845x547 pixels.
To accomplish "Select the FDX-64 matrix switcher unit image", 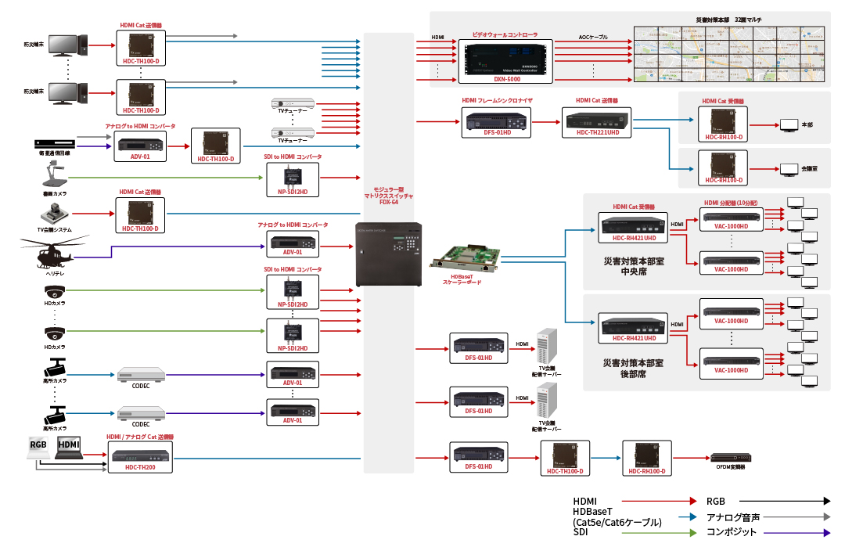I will click(389, 254).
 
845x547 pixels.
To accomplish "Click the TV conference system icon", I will click(55, 214).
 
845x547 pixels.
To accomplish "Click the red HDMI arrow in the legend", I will click(658, 501).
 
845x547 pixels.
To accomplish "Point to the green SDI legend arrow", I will click(658, 533).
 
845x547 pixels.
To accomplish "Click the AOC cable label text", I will click(594, 38).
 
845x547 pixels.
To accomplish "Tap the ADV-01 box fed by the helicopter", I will click(293, 243).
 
